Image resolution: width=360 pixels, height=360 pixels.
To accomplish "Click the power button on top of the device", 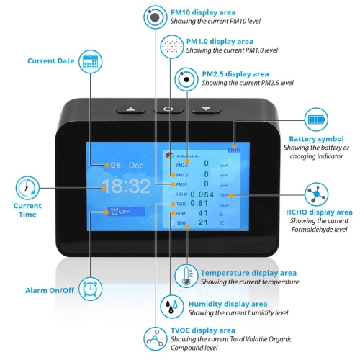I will (x=168, y=109).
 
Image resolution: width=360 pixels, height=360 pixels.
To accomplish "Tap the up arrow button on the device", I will (x=130, y=109).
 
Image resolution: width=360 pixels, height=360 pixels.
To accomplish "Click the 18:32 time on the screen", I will (x=125, y=187).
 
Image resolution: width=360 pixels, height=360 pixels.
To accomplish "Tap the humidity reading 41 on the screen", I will (x=203, y=214).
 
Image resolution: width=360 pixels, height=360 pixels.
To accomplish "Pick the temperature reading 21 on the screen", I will (x=203, y=223).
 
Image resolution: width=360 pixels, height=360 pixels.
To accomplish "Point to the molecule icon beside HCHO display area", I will (x=314, y=195).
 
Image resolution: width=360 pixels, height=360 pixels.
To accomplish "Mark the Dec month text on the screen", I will (x=137, y=165).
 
